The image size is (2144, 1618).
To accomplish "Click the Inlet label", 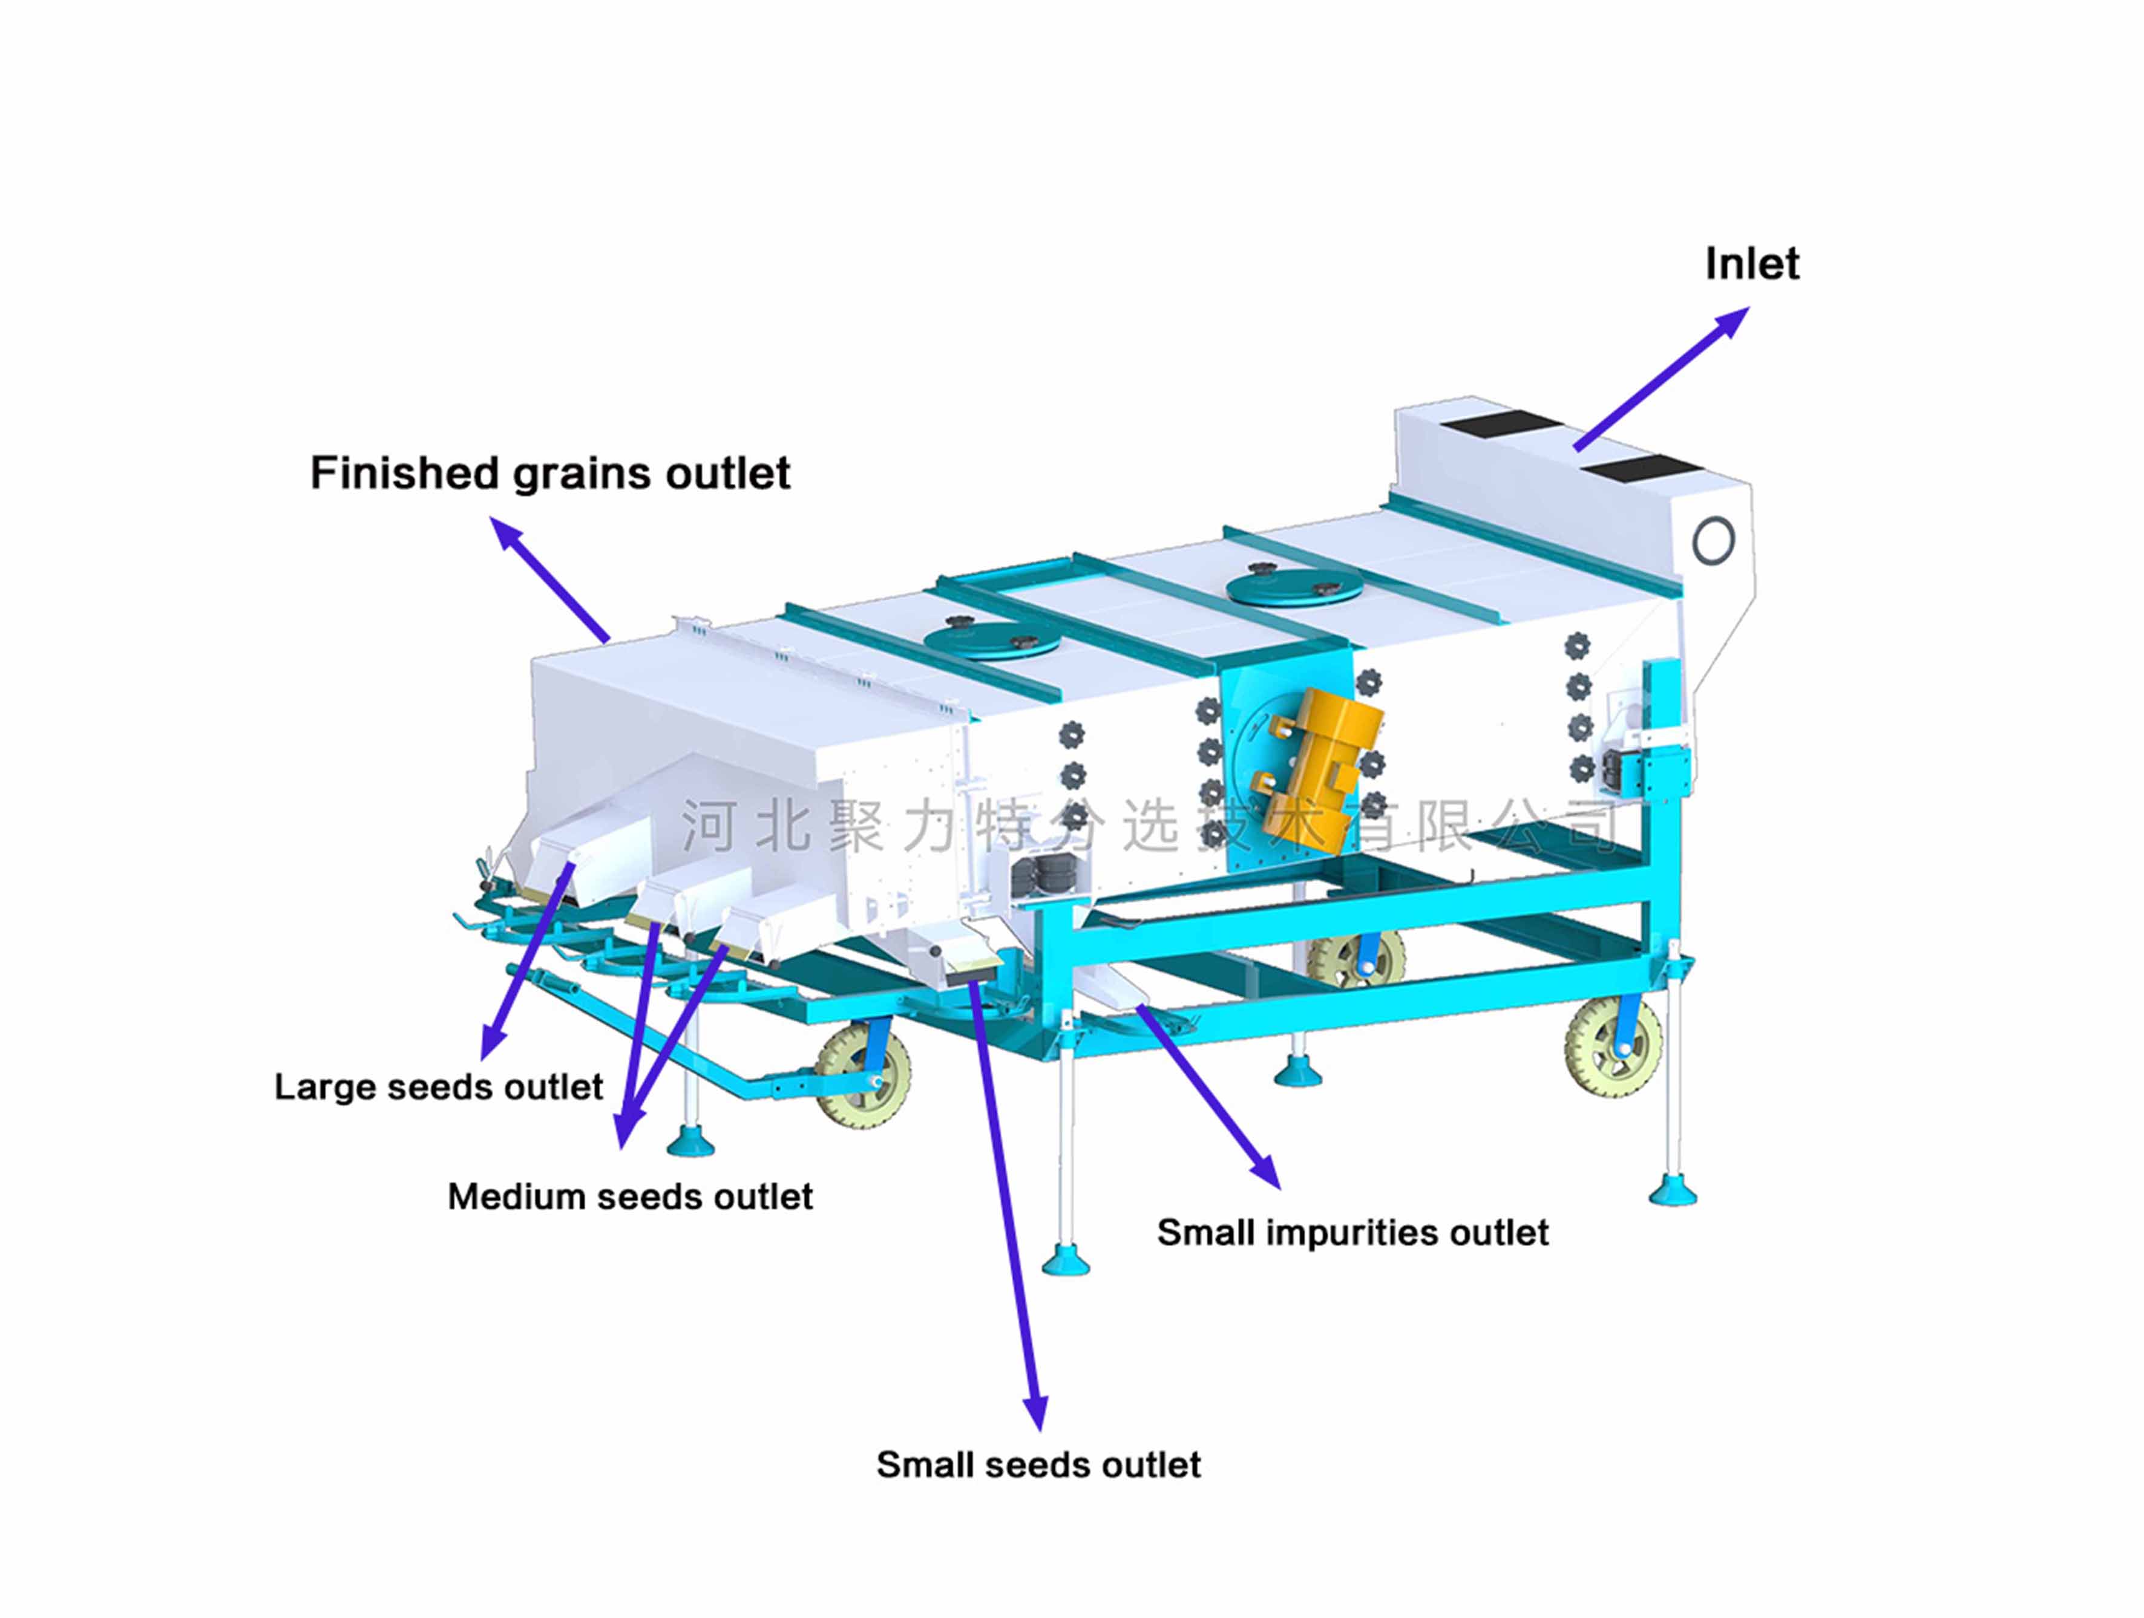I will (1751, 264).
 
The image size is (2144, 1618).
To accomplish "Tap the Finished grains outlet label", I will (549, 474).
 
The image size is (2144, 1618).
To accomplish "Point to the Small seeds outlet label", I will (1038, 1465).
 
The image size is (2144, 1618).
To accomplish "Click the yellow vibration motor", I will (1318, 770).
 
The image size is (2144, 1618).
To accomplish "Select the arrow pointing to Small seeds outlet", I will (1008, 1211).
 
